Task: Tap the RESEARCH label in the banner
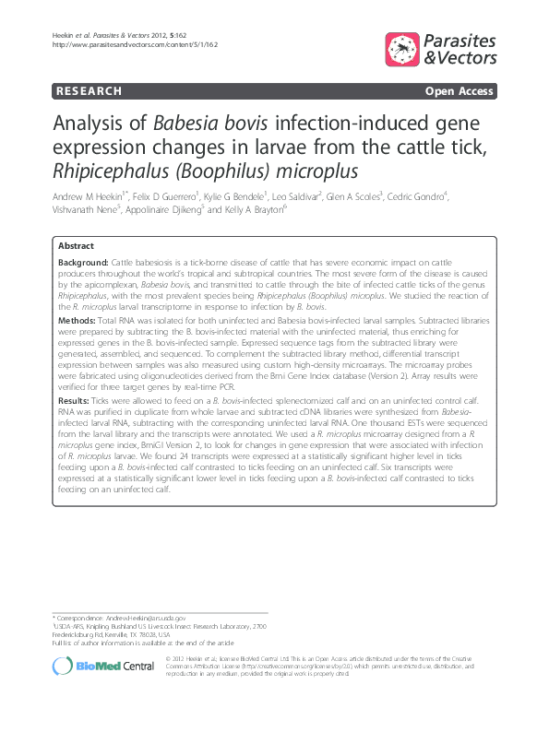pyautogui.click(x=87, y=91)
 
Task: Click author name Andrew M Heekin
pyautogui.click(x=89, y=196)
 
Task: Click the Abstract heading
pyautogui.click(x=75, y=247)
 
